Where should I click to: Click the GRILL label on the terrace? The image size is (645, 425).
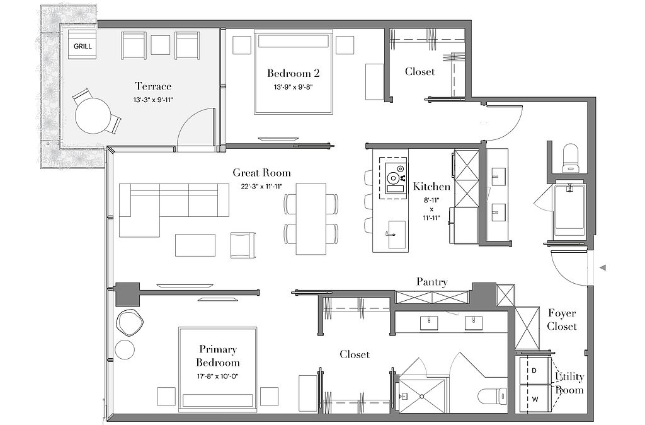point(83,46)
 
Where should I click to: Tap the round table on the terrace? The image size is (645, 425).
point(93,116)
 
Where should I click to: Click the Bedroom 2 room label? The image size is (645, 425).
point(294,73)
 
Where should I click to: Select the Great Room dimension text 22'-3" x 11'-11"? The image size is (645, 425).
point(261,186)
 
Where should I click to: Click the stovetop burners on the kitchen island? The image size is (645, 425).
point(394,178)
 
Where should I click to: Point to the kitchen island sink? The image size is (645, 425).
point(397,235)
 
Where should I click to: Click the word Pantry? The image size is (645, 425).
point(432,282)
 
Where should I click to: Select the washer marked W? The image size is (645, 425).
point(535,399)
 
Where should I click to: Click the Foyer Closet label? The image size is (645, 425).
point(562,320)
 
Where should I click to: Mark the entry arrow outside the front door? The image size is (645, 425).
point(603,268)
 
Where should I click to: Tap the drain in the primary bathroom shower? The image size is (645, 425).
point(421,397)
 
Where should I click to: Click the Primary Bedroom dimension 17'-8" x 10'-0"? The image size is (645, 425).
point(217,376)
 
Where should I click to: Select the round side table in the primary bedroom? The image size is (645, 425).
point(125,349)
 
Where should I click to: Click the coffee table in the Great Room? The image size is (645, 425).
point(195,245)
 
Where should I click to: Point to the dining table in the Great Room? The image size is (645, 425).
point(311,219)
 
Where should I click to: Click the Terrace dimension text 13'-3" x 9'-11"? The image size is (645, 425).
point(153,100)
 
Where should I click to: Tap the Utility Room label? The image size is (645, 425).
point(569,383)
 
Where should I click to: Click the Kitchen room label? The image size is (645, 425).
point(431,187)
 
